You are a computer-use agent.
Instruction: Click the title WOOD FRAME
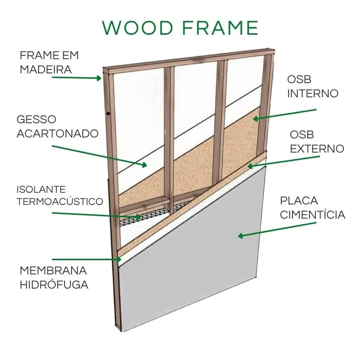[180, 28]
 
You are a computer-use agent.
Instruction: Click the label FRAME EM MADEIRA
[49, 62]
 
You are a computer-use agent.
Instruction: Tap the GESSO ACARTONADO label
[57, 126]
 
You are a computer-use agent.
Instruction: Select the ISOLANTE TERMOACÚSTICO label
[60, 195]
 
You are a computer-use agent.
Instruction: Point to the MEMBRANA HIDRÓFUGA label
[54, 277]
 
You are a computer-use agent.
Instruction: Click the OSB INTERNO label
[313, 87]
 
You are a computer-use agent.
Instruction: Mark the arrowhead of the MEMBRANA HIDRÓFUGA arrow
[118, 259]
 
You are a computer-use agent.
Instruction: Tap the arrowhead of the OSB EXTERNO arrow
[250, 166]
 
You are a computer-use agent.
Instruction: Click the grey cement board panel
[205, 274]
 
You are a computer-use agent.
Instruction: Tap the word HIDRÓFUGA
[54, 285]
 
